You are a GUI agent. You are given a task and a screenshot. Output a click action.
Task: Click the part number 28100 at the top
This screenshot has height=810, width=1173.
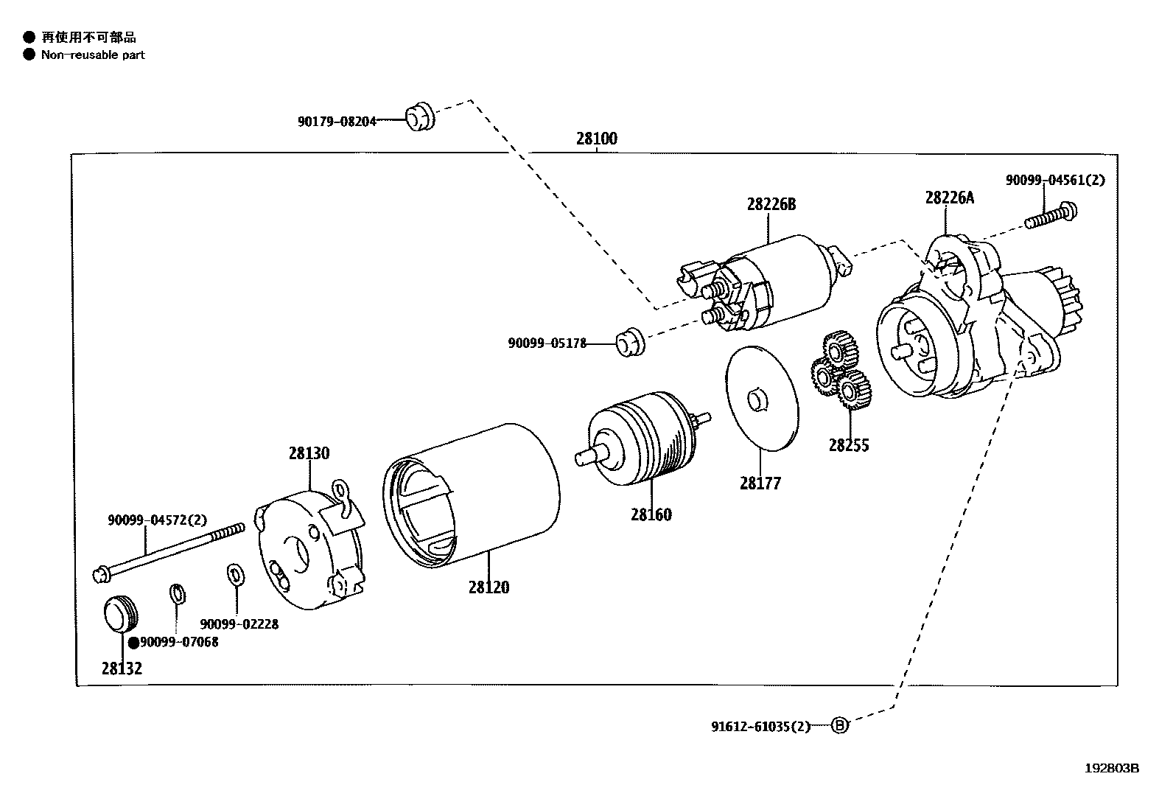pos(596,139)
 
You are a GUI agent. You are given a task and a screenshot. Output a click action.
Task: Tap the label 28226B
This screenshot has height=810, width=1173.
pos(771,204)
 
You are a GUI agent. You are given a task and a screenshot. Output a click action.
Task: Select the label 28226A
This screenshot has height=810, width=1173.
pos(950,198)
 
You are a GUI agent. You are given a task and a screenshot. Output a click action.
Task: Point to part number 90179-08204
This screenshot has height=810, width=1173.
pos(337,121)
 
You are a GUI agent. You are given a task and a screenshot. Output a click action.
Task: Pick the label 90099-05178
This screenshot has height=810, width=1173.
pos(547,343)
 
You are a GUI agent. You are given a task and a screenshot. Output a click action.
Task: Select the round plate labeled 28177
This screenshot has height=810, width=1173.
pos(761,398)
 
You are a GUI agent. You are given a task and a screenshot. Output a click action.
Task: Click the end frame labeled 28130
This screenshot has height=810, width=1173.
pos(309,549)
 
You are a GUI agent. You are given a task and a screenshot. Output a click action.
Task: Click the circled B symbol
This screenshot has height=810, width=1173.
pos(839,726)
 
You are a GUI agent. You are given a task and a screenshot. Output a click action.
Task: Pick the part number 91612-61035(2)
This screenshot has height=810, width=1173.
pos(760,727)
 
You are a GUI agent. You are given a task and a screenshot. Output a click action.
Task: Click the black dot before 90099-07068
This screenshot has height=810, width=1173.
pos(133,643)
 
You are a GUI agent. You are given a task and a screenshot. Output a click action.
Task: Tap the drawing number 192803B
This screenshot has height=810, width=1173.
pos(1112,768)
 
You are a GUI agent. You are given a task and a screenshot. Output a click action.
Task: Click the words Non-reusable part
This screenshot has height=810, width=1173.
pos(93,55)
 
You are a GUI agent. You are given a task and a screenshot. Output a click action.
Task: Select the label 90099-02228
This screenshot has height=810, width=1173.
pos(239,624)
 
